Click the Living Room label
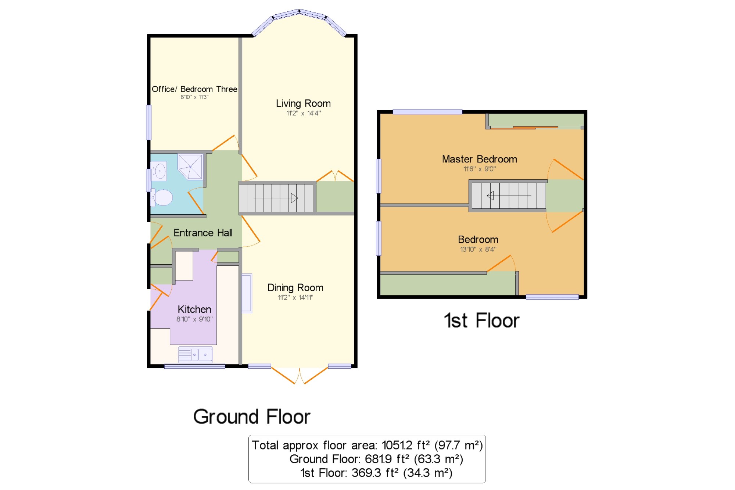click(x=303, y=104)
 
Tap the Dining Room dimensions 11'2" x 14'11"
click(x=295, y=297)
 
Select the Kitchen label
click(x=194, y=310)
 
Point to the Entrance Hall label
click(x=203, y=233)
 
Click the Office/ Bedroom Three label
click(x=194, y=89)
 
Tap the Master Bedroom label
click(x=480, y=159)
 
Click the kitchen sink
click(x=195, y=354)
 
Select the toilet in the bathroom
click(x=162, y=197)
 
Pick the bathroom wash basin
click(x=159, y=171)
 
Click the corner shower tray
click(x=190, y=167)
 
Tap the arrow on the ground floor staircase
click(x=276, y=198)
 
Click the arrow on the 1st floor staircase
click(x=509, y=196)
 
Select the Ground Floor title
click(x=252, y=417)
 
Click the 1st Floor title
click(x=481, y=321)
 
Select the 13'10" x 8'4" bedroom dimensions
click(x=478, y=249)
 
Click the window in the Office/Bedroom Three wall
click(x=149, y=122)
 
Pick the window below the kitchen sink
click(x=195, y=366)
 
